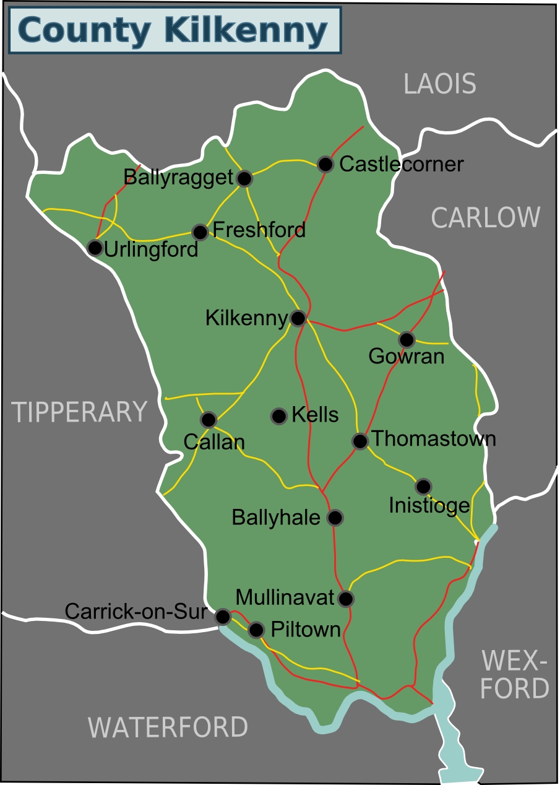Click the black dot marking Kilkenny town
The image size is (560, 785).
point(298,318)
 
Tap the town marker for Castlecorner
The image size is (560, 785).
point(325,164)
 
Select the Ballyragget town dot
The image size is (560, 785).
point(244,179)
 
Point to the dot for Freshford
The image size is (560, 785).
point(200,232)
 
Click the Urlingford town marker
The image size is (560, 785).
point(95,248)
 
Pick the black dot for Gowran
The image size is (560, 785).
point(407,339)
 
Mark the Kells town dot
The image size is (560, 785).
point(279,416)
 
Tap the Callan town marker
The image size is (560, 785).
point(209,420)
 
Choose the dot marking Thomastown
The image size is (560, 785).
point(360,441)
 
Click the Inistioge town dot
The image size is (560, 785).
point(423,486)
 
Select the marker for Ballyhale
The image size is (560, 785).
point(335,517)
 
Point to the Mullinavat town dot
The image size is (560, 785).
point(346,599)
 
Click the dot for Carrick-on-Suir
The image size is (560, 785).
point(223,617)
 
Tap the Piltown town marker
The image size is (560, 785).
point(256,630)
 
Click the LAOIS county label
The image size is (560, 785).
point(440,84)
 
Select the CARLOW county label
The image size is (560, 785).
point(486,218)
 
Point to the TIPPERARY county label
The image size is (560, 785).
point(80,412)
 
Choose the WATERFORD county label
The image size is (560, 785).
point(168,727)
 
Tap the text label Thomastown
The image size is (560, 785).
point(434,439)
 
